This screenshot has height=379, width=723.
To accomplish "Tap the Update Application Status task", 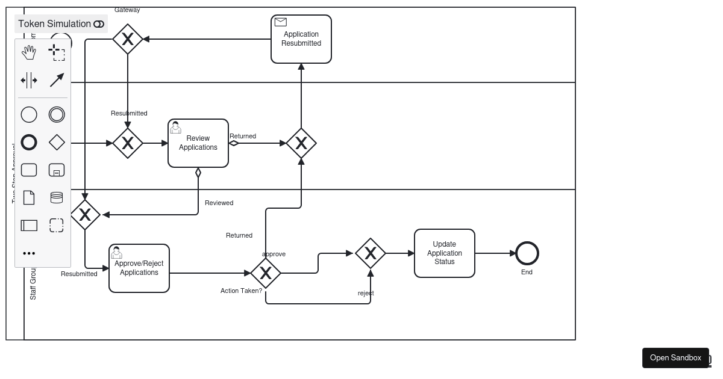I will [x=445, y=253].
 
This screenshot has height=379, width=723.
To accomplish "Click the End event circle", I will [x=527, y=253].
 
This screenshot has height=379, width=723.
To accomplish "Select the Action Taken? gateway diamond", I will [x=266, y=273].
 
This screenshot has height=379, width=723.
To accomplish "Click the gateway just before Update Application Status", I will [x=371, y=253].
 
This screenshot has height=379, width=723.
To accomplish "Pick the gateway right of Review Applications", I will [x=301, y=143].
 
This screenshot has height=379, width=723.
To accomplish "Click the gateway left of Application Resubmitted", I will [x=128, y=39].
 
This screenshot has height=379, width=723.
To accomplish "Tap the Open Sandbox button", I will [x=675, y=358].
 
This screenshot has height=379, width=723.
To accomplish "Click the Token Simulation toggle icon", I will [x=99, y=24].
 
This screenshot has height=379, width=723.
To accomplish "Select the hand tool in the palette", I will [x=29, y=53].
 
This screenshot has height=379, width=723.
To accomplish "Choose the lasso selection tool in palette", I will [x=57, y=53].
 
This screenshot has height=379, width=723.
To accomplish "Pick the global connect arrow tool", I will [x=57, y=80].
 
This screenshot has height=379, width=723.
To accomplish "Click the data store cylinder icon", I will [x=57, y=197].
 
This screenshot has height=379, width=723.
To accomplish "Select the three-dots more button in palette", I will [x=29, y=253].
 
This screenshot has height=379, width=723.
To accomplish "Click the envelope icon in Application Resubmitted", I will [x=281, y=22].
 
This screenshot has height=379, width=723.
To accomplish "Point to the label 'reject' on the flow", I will [x=366, y=294].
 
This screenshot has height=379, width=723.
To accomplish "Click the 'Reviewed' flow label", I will [x=219, y=203].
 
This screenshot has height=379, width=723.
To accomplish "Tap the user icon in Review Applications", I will [x=176, y=128].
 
